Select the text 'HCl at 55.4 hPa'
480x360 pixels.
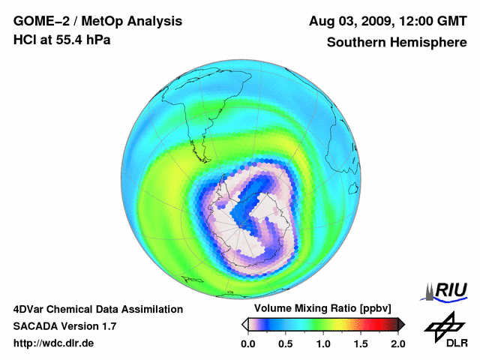coord(62,40)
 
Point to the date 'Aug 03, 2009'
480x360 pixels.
coord(347,21)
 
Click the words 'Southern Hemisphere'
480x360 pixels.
coord(397,43)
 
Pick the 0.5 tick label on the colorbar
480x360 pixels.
coord(286,343)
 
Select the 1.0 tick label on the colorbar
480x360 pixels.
coord(323,343)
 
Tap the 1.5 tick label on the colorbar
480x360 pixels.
coord(361,343)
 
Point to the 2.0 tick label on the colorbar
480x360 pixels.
coord(398,343)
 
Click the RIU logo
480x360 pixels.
coord(445,289)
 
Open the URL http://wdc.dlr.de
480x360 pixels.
coord(54,343)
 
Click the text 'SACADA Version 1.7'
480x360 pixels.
coord(64,326)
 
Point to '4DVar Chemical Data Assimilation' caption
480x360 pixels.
coord(97,309)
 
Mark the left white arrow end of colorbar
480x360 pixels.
coord(244,324)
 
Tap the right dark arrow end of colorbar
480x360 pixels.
coord(401,324)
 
